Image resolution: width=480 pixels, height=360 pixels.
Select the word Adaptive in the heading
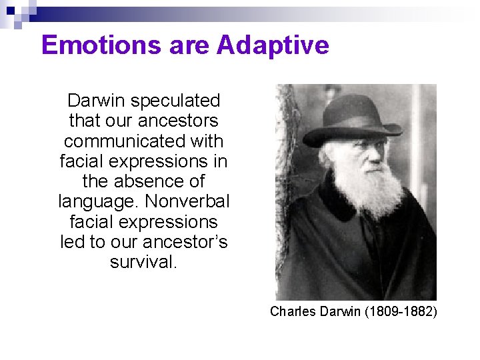[x=273, y=45]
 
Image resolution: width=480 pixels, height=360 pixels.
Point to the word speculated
[x=175, y=101]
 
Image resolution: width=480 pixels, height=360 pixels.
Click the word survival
[x=143, y=262]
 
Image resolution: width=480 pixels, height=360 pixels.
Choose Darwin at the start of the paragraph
[x=97, y=101]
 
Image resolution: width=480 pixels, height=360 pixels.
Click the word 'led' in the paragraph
[x=72, y=242]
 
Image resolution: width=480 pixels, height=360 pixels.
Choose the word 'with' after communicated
[x=206, y=141]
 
